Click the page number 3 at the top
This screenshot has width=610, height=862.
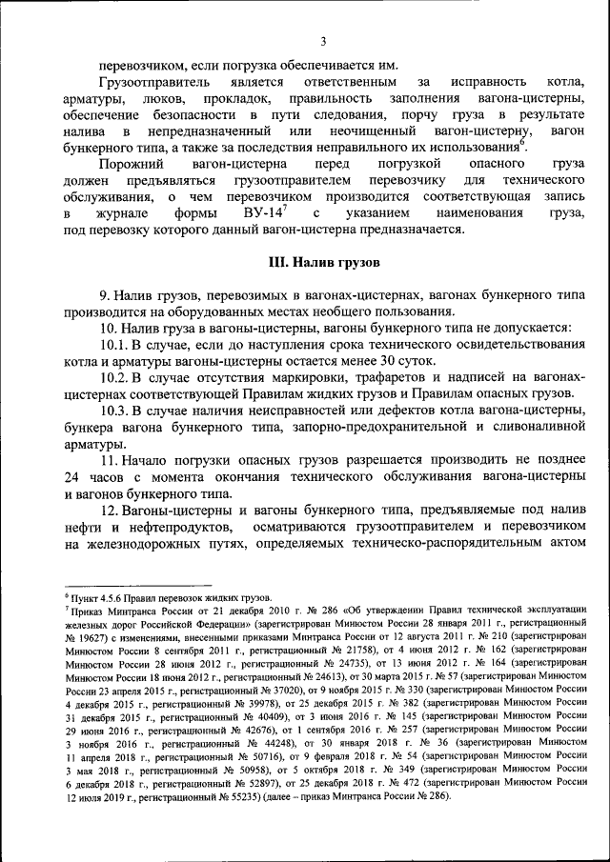click(x=323, y=41)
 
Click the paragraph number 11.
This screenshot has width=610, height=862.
click(x=108, y=459)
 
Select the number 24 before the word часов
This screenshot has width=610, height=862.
click(x=73, y=475)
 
